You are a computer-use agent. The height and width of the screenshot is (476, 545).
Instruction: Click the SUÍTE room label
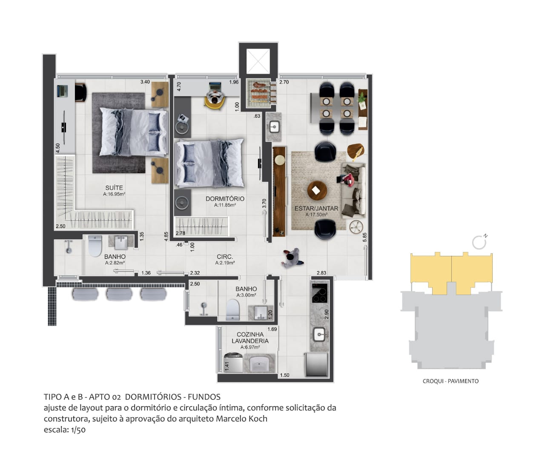pos(114,188)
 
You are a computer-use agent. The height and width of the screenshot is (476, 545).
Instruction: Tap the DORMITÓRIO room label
pos(225,199)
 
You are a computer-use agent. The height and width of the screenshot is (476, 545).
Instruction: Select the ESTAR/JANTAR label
pos(316,209)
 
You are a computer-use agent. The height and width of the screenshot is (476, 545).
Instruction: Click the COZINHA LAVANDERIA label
pos(250,338)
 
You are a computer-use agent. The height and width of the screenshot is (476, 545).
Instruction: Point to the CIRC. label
pos(225,257)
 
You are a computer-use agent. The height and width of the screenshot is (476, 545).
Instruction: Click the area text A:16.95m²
pos(114,194)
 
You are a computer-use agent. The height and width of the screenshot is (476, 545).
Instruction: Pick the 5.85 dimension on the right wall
pos(364,238)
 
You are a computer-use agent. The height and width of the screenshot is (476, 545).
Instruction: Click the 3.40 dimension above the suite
pos(145,82)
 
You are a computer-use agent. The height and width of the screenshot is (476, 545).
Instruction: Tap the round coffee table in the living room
pos(317,190)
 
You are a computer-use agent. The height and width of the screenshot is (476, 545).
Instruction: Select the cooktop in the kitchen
pos(319,292)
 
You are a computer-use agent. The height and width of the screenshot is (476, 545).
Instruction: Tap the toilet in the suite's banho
pos(95,246)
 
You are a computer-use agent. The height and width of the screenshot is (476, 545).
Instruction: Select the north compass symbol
pos(479,242)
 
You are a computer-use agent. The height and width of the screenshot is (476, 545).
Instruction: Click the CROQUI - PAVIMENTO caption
pos(450,381)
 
